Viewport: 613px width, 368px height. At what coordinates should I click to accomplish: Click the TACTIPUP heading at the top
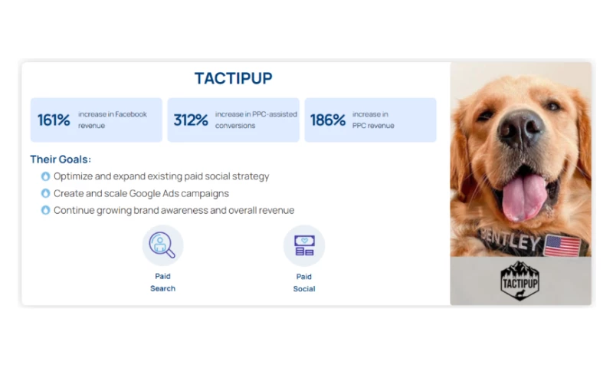pyautogui.click(x=233, y=78)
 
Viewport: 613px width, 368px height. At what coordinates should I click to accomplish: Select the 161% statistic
pyautogui.click(x=54, y=120)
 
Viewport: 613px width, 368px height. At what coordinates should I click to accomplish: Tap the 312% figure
pyautogui.click(x=191, y=120)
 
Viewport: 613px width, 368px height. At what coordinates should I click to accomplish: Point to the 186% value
pyautogui.click(x=327, y=120)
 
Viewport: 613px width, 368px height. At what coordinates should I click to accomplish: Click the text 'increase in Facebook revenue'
pyautogui.click(x=112, y=120)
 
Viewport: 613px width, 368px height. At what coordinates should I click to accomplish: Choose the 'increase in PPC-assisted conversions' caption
pyautogui.click(x=256, y=120)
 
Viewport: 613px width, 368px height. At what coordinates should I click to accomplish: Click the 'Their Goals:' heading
pyautogui.click(x=61, y=159)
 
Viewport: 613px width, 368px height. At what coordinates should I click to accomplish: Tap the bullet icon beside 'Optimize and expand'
pyautogui.click(x=45, y=176)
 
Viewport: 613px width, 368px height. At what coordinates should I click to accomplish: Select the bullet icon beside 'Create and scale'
pyautogui.click(x=45, y=193)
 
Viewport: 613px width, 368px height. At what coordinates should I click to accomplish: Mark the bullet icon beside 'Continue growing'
pyautogui.click(x=45, y=210)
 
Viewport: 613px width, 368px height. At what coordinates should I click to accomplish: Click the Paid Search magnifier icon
pyautogui.click(x=162, y=245)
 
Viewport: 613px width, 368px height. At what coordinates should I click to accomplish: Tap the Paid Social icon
pyautogui.click(x=304, y=245)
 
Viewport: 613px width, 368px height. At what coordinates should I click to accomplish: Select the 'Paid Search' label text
pyautogui.click(x=162, y=282)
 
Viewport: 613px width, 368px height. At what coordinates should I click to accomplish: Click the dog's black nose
pyautogui.click(x=522, y=127)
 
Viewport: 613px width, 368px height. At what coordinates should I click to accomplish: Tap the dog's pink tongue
pyautogui.click(x=524, y=196)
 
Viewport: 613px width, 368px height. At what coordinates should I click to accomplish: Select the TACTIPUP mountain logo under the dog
pyautogui.click(x=521, y=281)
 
